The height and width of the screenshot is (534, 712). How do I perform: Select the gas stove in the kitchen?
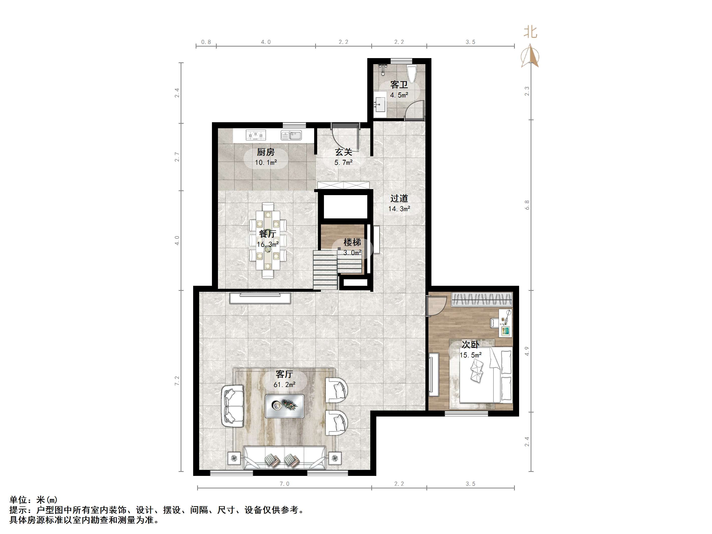(256, 135)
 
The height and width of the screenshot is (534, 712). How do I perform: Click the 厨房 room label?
(266, 152)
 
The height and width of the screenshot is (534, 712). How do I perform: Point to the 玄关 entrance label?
(343, 152)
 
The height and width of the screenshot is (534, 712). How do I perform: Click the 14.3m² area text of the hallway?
(399, 209)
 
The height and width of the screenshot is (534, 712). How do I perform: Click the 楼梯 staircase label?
(352, 242)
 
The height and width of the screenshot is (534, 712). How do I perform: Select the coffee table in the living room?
(285, 406)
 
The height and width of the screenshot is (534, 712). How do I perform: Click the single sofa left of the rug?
(232, 406)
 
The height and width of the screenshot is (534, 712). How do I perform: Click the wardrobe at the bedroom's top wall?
(482, 299)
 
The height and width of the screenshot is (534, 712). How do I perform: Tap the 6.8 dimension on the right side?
(527, 205)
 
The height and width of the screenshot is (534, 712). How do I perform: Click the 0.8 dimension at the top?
(206, 42)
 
